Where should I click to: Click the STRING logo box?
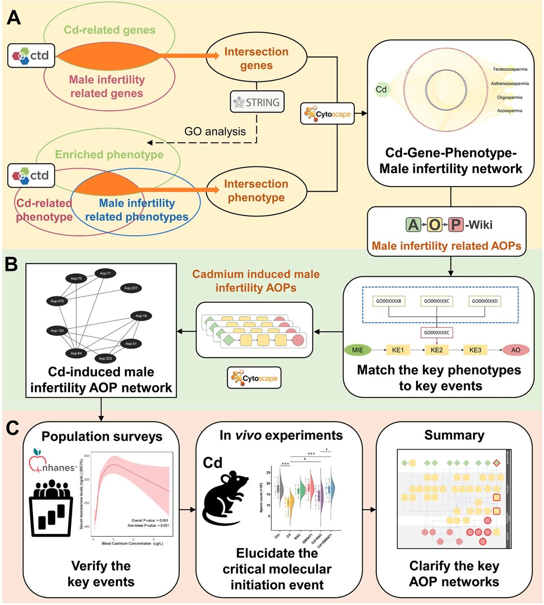coord(257,102)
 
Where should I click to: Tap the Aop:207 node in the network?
coord(131,288)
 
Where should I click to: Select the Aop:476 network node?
coord(57,301)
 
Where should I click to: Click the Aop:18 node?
coord(141,316)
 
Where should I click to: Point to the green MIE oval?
coord(357,350)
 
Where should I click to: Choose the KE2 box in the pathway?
coord(436,350)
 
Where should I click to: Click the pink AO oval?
coord(516,350)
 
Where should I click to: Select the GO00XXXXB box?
coord(388,301)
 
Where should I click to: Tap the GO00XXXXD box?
coord(484,301)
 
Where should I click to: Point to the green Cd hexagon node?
coord(381,89)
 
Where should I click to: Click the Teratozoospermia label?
coord(510,69)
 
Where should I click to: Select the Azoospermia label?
coord(510,111)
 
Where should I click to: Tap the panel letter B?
coord(11,264)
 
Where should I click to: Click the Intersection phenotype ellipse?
coord(256,191)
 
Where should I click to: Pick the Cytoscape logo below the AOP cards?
coord(254,378)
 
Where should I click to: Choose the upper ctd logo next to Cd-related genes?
coord(31,55)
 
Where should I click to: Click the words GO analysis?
coord(215,132)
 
